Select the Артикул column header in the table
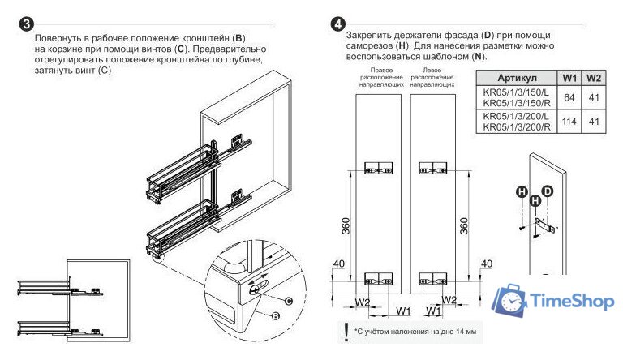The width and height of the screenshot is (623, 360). click(x=517, y=78)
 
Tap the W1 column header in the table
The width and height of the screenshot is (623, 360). click(x=569, y=78)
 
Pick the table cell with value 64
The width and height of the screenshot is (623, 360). click(x=569, y=97)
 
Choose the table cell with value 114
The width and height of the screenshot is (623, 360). click(x=569, y=122)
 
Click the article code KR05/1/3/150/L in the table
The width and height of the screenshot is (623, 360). click(x=516, y=92)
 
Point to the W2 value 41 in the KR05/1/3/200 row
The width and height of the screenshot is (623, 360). click(x=594, y=122)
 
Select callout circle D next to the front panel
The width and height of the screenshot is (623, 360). click(x=547, y=190)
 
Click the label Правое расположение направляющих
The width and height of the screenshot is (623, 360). click(x=376, y=77)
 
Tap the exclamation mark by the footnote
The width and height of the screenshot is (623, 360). click(x=346, y=332)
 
